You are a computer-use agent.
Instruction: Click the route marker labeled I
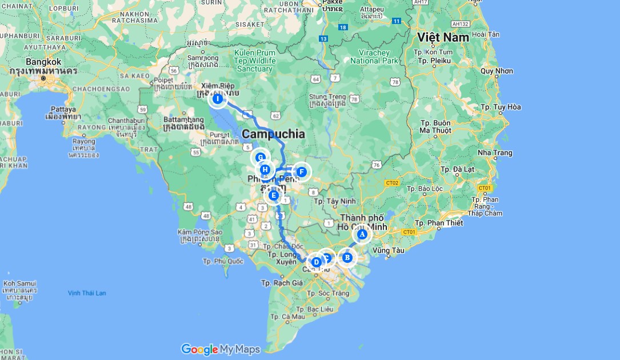[x=217, y=99]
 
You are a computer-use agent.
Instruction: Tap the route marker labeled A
[x=362, y=234]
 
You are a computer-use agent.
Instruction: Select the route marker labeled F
[x=302, y=171]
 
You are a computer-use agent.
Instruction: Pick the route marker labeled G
[x=261, y=158]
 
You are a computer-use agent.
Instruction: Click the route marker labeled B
[x=347, y=258]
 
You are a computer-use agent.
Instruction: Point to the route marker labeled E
[x=274, y=196]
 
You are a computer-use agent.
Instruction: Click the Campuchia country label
[x=273, y=134]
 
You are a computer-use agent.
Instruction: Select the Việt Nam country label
[x=443, y=37]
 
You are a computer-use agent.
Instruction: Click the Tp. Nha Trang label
[x=495, y=153]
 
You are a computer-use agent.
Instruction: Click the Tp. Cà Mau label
[x=289, y=317]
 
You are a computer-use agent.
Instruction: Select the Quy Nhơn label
[x=497, y=71]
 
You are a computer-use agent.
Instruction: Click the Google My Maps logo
[x=221, y=349]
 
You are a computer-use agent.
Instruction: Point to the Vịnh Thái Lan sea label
[x=87, y=293]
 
